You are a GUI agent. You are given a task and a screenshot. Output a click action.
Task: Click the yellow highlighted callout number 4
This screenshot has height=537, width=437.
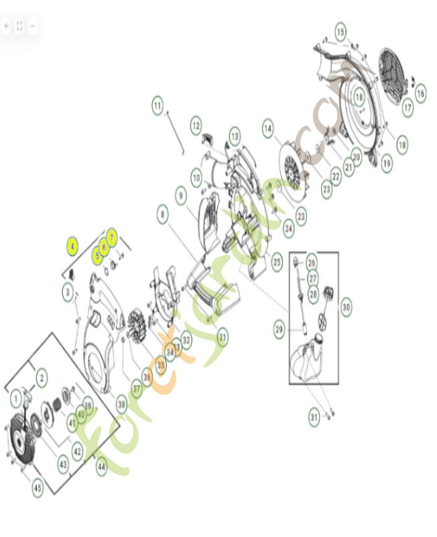pyautogui.click(x=72, y=246)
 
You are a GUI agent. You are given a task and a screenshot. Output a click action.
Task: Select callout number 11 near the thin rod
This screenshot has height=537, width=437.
pyautogui.click(x=157, y=105)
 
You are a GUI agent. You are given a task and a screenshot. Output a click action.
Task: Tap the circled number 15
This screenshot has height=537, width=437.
pyautogui.click(x=340, y=32)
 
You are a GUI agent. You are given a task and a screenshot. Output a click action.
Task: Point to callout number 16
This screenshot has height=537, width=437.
pyautogui.click(x=420, y=93)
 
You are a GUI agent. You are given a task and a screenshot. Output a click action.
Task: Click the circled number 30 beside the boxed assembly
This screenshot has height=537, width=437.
pyautogui.click(x=346, y=307)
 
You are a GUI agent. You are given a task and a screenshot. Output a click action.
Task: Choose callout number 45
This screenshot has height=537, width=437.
pyautogui.click(x=38, y=488)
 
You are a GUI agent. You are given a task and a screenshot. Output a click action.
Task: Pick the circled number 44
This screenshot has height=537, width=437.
pyautogui.click(x=101, y=467)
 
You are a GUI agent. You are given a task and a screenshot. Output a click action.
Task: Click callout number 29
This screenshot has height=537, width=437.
pyautogui.click(x=279, y=329)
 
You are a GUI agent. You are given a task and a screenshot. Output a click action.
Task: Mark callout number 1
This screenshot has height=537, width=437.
pyautogui.click(x=16, y=400)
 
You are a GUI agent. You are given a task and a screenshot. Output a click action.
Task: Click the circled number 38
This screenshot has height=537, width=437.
pyautogui.click(x=121, y=404)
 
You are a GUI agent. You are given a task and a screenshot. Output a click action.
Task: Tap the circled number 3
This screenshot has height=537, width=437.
pyautogui.click(x=68, y=292)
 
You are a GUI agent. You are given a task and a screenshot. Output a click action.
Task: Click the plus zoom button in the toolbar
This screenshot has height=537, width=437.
pyautogui.click(x=6, y=26)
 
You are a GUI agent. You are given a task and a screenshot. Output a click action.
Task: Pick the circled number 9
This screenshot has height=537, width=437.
pyautogui.click(x=181, y=195)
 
